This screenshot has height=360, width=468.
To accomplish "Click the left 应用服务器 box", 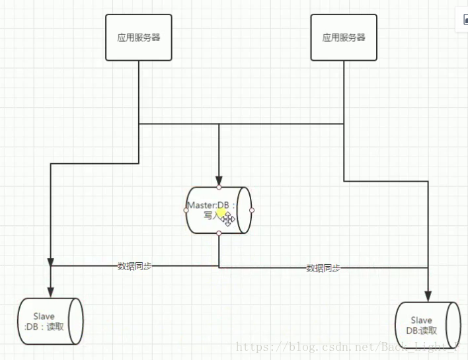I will (x=139, y=38).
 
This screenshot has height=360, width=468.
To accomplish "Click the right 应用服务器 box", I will (x=344, y=38).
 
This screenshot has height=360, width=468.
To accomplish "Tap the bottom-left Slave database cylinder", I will (x=50, y=321).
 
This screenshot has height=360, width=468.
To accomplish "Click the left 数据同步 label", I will (x=135, y=266).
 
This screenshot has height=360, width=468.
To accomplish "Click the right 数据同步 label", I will (x=323, y=268).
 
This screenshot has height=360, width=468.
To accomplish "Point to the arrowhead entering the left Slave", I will (x=50, y=291).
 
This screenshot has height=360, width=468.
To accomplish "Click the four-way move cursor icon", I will (x=228, y=219).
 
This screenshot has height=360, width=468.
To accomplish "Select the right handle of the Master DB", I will (x=252, y=210).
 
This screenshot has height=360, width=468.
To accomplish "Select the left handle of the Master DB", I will (x=186, y=210).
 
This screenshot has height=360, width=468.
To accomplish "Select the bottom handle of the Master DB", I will (x=219, y=233).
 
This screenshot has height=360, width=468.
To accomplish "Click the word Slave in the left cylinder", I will (x=44, y=316).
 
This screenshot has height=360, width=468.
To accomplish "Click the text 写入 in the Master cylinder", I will (x=211, y=215).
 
